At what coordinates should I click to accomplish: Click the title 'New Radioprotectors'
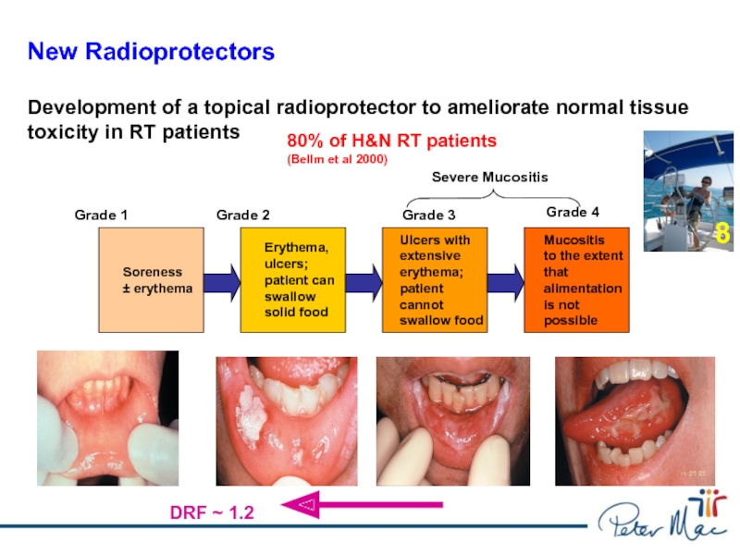(151, 52)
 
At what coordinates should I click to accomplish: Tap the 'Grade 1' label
(101, 216)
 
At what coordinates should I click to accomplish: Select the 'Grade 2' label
(242, 216)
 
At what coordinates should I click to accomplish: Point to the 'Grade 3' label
(428, 216)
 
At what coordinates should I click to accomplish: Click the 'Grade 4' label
(573, 212)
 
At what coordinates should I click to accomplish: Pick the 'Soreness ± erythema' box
(152, 280)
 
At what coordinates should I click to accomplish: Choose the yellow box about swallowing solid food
(292, 280)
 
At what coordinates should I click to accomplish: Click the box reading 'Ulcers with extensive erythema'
(435, 280)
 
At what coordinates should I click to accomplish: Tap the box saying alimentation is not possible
(576, 280)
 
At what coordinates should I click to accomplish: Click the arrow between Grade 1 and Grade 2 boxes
(222, 280)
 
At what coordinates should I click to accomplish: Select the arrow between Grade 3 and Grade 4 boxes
(506, 280)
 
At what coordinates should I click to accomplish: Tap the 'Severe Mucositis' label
(490, 177)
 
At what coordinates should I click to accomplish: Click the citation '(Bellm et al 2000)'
(337, 159)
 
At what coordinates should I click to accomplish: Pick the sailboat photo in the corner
(689, 191)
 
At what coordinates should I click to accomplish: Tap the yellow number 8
(721, 233)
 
